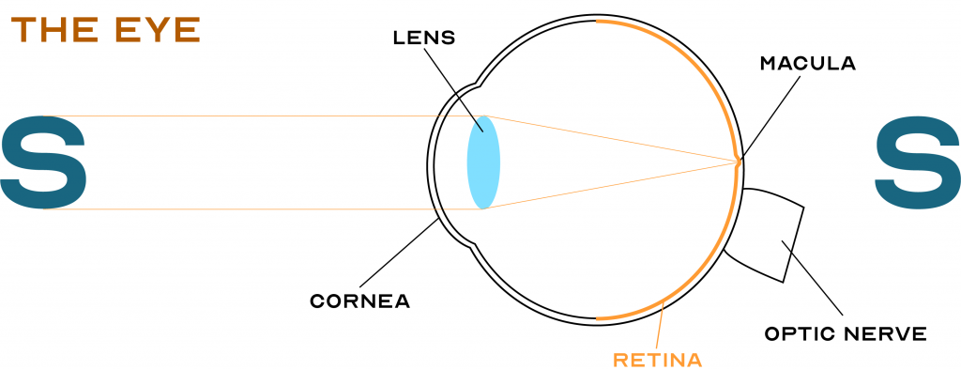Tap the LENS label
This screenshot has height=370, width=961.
coord(423,39)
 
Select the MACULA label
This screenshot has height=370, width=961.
coord(807,64)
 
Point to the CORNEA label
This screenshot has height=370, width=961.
coord(359,301)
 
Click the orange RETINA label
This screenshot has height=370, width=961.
coord(657,359)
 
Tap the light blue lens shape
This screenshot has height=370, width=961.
coord(483,162)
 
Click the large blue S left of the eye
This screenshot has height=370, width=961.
coord(43,162)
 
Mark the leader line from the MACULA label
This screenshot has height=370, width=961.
coord(771,113)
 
